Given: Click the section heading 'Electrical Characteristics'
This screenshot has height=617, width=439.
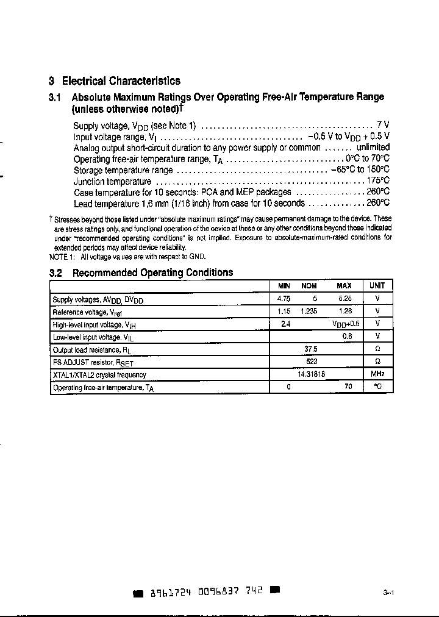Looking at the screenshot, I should (121, 80).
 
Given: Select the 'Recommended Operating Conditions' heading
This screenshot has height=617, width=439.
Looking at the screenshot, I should (152, 273).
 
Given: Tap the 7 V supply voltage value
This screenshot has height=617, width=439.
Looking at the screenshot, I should (383, 125).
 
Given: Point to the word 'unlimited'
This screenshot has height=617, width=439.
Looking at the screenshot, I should (373, 148).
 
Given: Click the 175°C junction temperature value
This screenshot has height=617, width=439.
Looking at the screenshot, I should (377, 181).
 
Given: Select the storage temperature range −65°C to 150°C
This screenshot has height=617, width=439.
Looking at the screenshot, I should (360, 170).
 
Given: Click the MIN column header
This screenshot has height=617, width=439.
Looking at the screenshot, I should (284, 286).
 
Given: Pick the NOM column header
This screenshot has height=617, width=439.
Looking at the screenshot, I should (309, 286).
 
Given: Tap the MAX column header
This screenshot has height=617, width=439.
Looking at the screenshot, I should (344, 286).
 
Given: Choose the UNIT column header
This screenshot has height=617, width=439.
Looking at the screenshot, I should (377, 286).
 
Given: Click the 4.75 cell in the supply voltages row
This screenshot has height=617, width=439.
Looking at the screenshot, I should (284, 299).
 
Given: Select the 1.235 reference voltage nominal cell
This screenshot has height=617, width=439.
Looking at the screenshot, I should (309, 311).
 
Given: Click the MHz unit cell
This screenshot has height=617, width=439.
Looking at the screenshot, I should (377, 374).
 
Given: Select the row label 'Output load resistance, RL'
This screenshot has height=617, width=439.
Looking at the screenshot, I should (92, 349).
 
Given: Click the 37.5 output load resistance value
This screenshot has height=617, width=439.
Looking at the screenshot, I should (310, 349).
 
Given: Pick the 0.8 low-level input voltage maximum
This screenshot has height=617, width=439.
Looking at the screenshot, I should (347, 336).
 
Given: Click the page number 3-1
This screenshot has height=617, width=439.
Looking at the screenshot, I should (388, 592).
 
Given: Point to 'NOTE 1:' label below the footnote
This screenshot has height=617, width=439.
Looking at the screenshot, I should (62, 257).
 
